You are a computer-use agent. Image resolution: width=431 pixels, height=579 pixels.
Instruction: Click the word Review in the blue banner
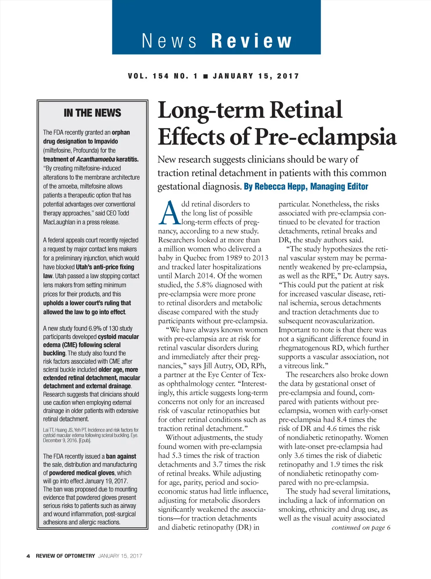click(x=251, y=41)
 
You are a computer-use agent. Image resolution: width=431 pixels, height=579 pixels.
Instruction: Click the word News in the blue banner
click(x=169, y=41)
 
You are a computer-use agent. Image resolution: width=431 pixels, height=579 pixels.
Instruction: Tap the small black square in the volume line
click(x=205, y=76)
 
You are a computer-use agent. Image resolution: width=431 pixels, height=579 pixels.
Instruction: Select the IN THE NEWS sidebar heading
click(x=92, y=113)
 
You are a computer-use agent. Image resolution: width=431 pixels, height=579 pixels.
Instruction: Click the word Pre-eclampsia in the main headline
click(x=325, y=137)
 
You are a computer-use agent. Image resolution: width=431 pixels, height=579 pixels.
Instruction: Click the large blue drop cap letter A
click(x=169, y=214)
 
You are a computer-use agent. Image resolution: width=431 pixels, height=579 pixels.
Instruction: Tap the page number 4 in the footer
click(x=28, y=556)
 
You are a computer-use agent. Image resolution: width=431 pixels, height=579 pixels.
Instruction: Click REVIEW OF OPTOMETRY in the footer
click(x=65, y=556)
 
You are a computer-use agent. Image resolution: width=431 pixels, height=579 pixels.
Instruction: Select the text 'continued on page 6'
click(x=361, y=527)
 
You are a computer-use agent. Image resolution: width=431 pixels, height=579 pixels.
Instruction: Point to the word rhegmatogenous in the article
click(x=305, y=348)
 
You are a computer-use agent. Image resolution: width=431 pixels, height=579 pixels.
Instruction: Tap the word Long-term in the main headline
click(x=211, y=110)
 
